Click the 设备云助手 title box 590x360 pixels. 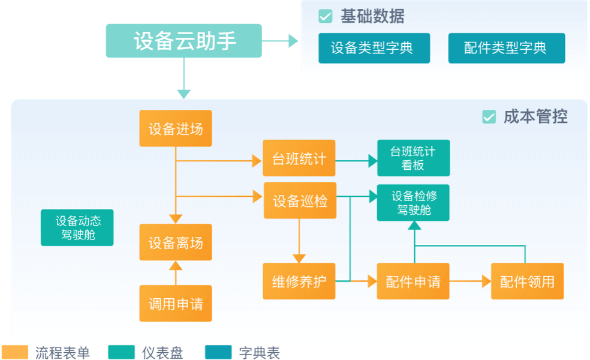point(183,41)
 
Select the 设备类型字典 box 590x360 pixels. point(374,48)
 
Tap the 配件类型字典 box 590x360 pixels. point(506,48)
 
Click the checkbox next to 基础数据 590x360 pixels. point(325,16)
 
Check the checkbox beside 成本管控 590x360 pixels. point(489,117)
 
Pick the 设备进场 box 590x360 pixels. point(176,128)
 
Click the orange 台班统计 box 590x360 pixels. point(299,158)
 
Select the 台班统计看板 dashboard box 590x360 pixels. point(413,158)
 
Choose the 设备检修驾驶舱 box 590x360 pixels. point(413,203)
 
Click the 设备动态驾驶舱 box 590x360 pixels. point(77,227)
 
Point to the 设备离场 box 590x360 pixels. point(176,242)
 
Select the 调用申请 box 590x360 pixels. point(176,303)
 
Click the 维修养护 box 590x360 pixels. point(299,281)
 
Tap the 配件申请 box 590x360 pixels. point(413,281)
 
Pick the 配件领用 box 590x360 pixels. point(527,281)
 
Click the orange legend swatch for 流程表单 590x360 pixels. point(15,352)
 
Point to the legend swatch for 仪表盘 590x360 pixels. point(121,352)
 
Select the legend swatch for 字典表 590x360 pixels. point(218,352)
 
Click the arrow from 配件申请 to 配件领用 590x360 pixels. point(470,281)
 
